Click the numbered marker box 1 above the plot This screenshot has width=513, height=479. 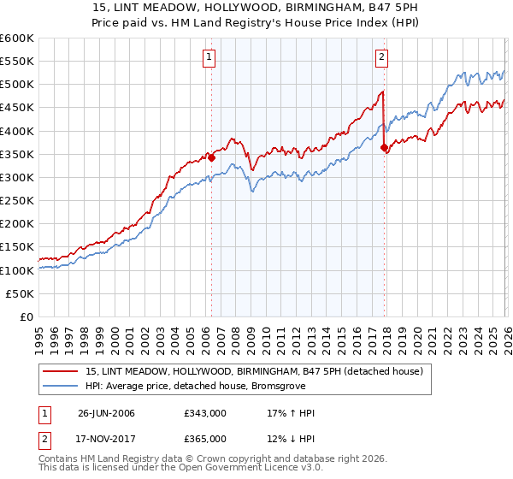[209, 58]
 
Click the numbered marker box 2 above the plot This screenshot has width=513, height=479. [381, 58]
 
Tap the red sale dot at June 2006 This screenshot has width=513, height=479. [211, 157]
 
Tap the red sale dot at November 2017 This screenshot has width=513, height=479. [384, 147]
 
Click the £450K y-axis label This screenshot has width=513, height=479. [17, 108]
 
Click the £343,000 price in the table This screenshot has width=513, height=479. [204, 413]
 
